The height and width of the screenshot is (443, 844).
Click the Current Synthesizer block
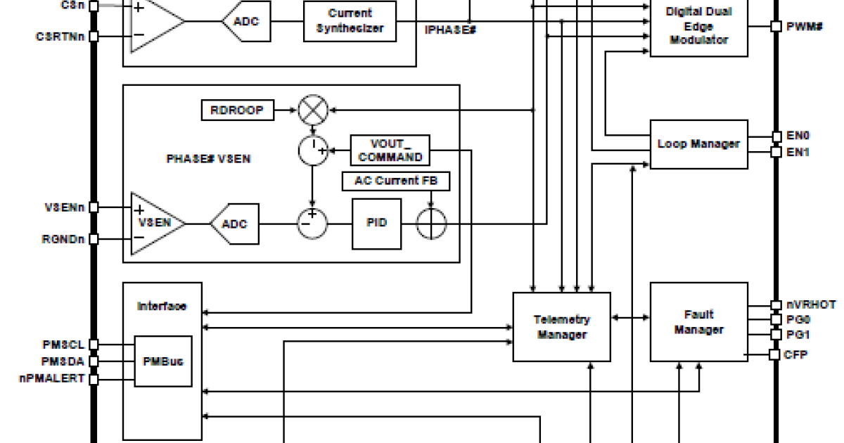click(350, 21)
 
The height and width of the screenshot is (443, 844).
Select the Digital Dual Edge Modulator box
click(698, 26)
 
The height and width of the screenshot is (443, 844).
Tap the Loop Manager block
click(698, 143)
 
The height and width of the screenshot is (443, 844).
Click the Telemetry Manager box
click(561, 327)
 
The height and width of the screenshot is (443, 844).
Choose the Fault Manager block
click(698, 322)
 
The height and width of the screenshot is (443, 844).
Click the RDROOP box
click(236, 110)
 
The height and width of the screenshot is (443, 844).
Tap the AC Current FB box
click(396, 181)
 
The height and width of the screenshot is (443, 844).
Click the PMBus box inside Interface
click(162, 361)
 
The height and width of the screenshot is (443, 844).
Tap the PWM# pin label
click(804, 26)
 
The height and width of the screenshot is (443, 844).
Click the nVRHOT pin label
click(811, 304)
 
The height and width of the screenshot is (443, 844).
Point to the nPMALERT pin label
click(51, 378)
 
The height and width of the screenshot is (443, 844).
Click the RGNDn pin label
click(63, 239)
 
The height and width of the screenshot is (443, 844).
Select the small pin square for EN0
click(776, 136)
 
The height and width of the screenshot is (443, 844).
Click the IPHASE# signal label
click(451, 30)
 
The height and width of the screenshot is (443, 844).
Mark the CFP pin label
click(795, 354)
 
